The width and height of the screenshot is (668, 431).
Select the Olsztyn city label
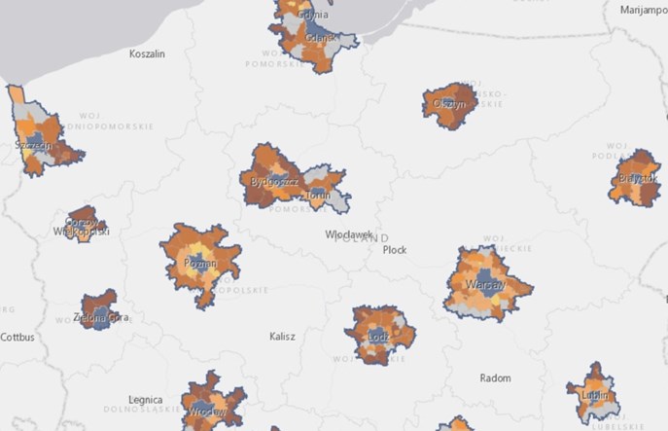[451, 103]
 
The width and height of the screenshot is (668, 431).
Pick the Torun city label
[319, 195]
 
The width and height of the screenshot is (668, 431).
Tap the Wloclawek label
[347, 234]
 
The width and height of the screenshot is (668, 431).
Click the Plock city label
[395, 250]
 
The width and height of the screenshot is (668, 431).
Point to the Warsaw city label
[485, 285]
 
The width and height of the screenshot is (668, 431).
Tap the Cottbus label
[18, 338]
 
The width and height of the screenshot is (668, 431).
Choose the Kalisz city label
[282, 337]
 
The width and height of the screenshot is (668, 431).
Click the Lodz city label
[379, 338]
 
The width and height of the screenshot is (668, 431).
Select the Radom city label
[496, 377]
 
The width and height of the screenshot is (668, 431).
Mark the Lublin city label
[595, 396]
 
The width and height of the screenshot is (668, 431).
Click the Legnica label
[148, 400]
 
